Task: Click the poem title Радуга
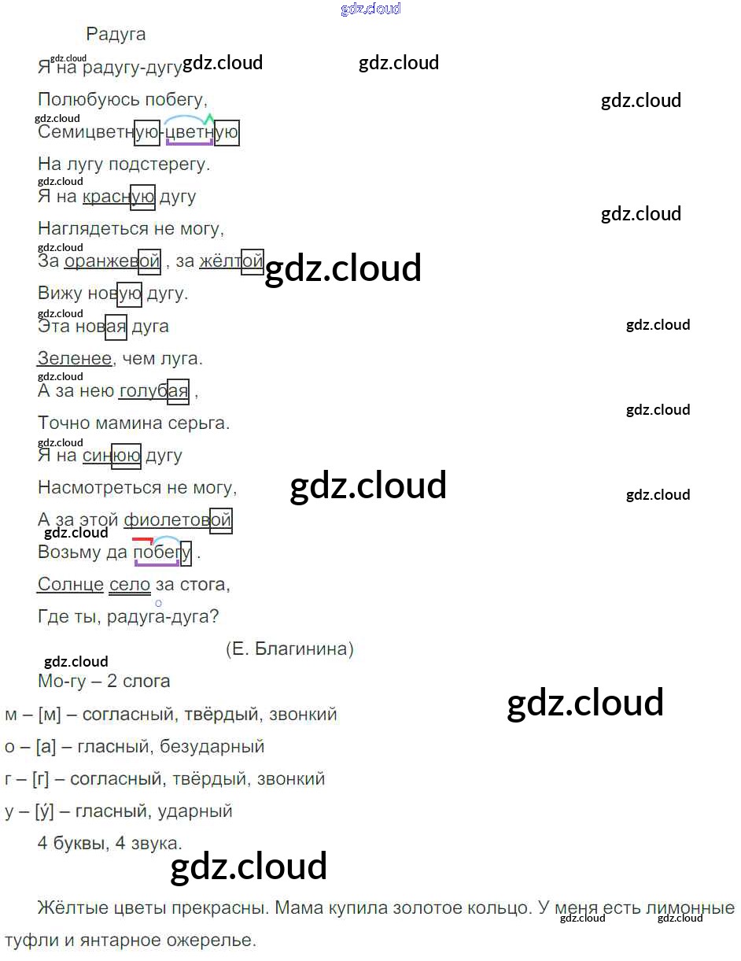coord(116,35)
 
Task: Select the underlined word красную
coord(118,197)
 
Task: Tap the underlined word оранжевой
coord(112,261)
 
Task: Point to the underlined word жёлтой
coord(231,261)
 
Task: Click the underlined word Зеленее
coord(75,359)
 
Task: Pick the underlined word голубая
coord(154,391)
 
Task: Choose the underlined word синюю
coord(111,456)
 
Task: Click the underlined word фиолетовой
coord(178,520)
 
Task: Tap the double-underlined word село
coord(130,585)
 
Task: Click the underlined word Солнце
coord(71,585)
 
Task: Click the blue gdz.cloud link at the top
coord(370,9)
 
